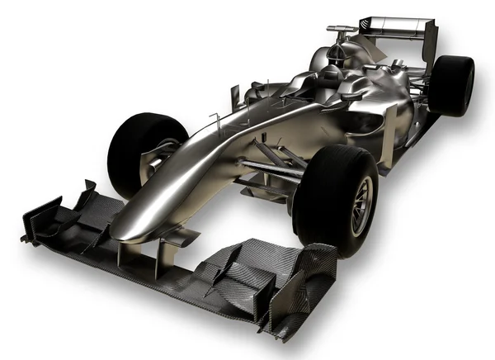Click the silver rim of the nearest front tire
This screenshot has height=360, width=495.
pyautogui.click(x=360, y=205)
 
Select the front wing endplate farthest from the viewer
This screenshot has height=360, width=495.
pyautogui.click(x=41, y=216)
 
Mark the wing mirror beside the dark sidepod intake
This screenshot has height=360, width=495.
pyautogui.click(x=351, y=96)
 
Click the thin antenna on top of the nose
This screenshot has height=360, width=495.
pyautogui.click(x=217, y=124)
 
